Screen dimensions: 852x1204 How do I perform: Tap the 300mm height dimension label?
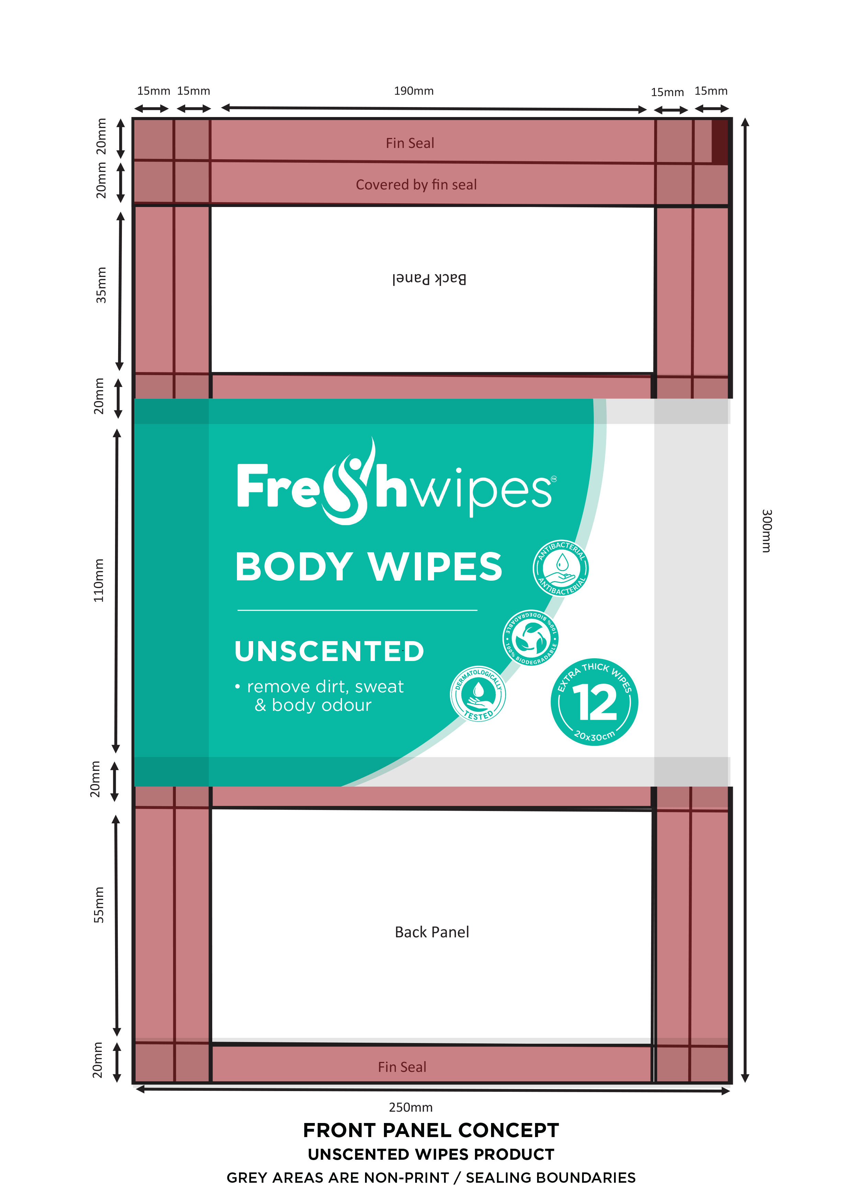pyautogui.click(x=766, y=530)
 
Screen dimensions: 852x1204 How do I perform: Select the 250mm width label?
pyautogui.click(x=410, y=1108)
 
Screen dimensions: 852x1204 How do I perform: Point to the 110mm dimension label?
pyautogui.click(x=99, y=580)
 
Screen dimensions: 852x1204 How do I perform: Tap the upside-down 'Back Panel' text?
pyautogui.click(x=429, y=279)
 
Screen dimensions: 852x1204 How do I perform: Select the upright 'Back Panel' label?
pyautogui.click(x=432, y=932)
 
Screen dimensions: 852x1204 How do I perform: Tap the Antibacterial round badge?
pyautogui.click(x=561, y=568)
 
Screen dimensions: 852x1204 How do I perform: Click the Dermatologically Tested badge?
pyautogui.click(x=478, y=694)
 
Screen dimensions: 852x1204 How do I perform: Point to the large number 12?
pyautogui.click(x=594, y=703)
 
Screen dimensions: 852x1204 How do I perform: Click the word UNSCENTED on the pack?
pyautogui.click(x=329, y=651)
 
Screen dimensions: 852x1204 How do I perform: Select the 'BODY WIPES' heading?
pyautogui.click(x=369, y=567)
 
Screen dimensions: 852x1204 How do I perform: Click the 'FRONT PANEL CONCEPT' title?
pyautogui.click(x=431, y=1130)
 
